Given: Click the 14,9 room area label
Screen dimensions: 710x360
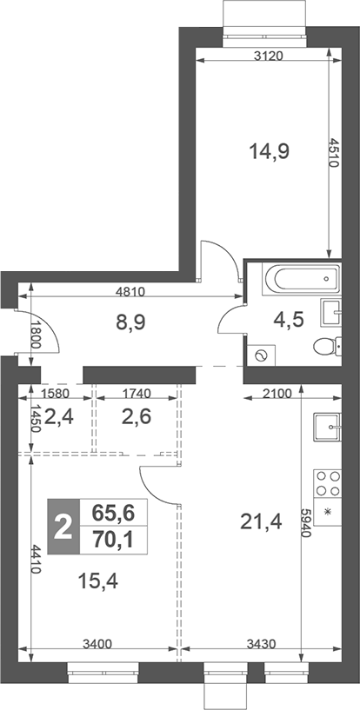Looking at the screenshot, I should (x=270, y=151).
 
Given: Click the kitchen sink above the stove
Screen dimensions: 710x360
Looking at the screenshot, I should (x=328, y=426).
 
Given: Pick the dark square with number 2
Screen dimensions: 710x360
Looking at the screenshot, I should (x=63, y=527).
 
